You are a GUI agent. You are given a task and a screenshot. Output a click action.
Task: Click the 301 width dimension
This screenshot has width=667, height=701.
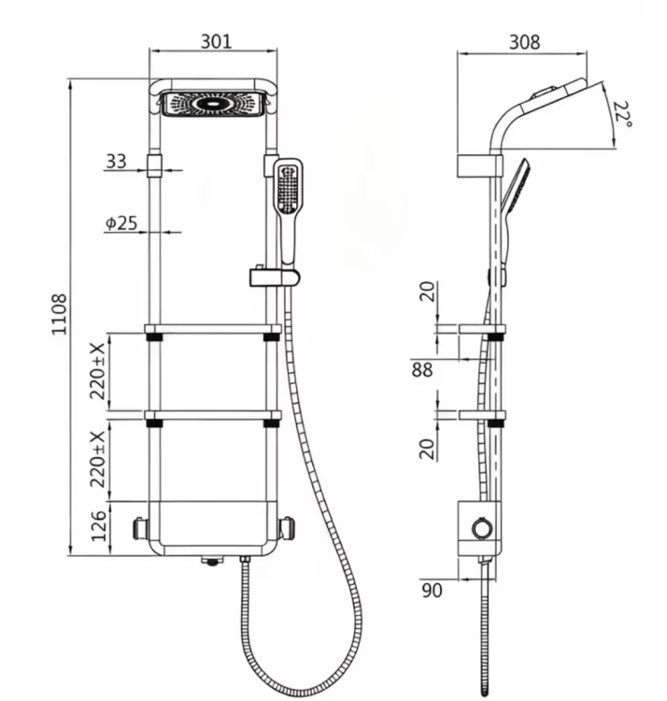coord(216,41)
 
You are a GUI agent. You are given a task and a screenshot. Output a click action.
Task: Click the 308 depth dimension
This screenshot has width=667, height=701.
coord(524,42)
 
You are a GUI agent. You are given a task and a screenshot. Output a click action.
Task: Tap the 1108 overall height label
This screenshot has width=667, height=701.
coord(60,314)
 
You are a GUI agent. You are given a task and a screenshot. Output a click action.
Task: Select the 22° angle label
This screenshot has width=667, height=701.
coord(621,113)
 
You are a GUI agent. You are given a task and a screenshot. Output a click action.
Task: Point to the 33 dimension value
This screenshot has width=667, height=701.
coord(116,162)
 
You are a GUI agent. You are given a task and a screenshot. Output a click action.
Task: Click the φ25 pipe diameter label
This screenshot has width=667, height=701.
coord(121,223)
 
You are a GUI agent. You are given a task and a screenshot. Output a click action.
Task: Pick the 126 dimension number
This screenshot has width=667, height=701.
coord(98,526)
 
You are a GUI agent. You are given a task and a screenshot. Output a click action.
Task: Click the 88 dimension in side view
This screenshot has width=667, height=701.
coord(422,369)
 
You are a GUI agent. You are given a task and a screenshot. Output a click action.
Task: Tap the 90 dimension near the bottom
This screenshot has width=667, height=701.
coord(432,590)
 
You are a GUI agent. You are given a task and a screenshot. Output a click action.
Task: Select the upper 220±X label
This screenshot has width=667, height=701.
coord(97,371)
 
